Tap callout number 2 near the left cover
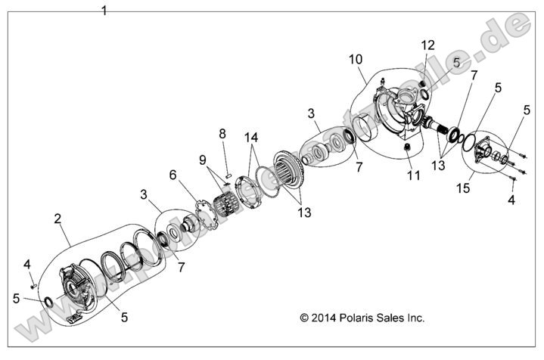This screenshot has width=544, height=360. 57,220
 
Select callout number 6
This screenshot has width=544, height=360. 173,175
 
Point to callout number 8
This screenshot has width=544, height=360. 222,134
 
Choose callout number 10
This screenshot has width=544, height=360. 356,59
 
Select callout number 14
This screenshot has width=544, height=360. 250,138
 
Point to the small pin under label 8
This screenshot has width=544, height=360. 228,169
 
